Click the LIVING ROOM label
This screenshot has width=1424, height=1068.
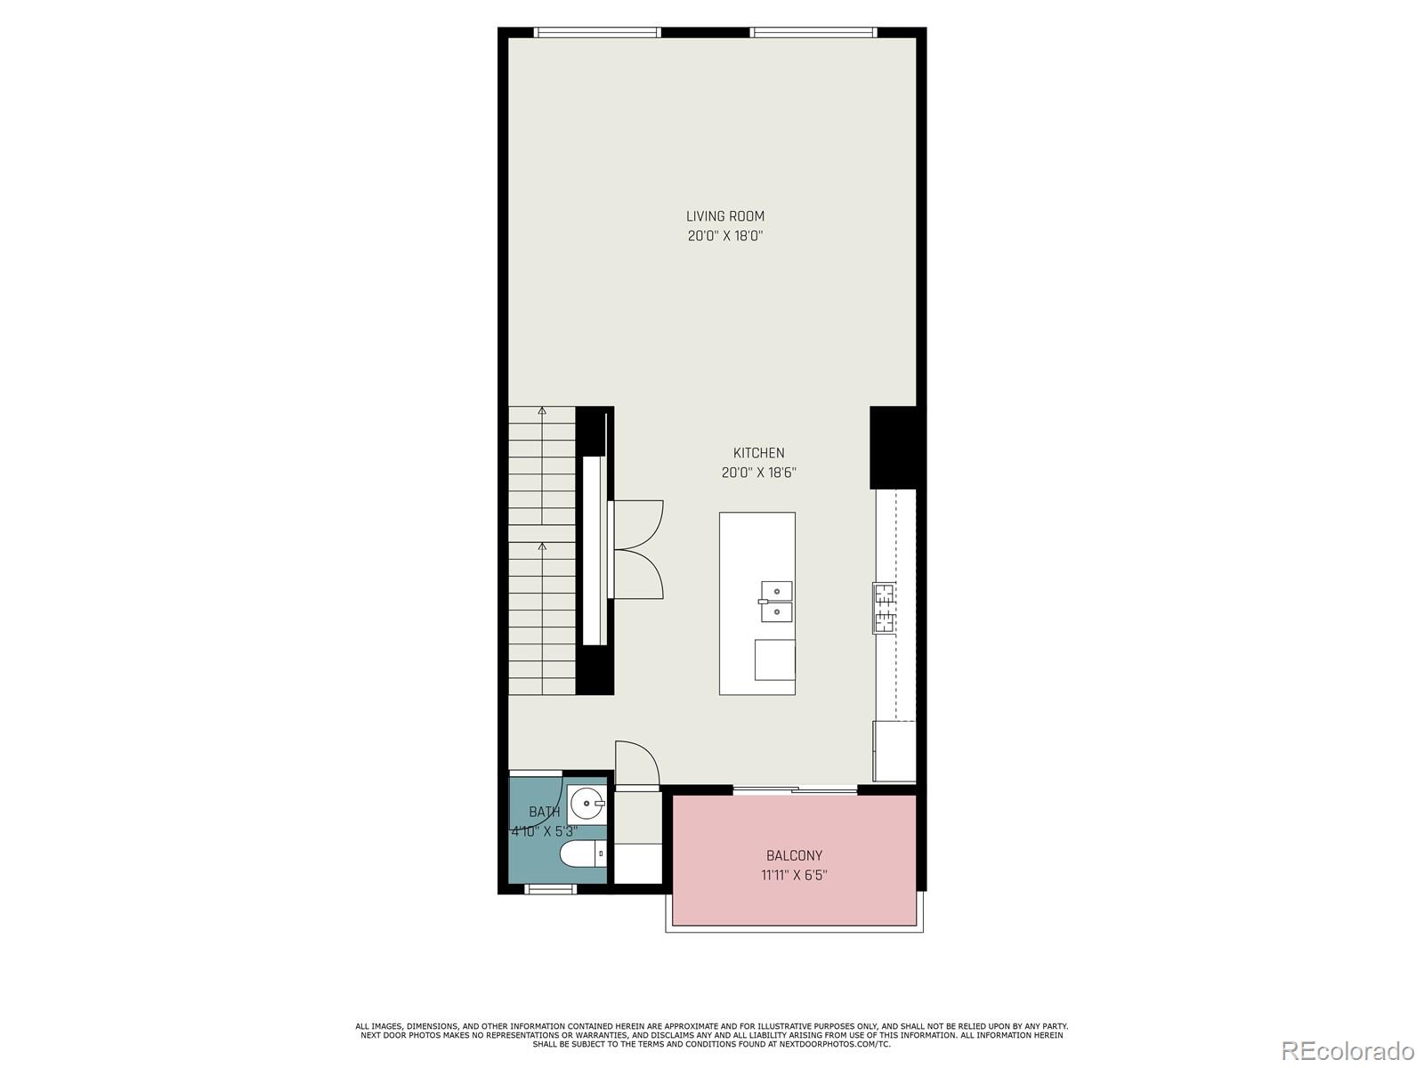(724, 216)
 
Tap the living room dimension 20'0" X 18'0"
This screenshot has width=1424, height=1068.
(724, 237)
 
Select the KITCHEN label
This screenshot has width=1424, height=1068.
(758, 453)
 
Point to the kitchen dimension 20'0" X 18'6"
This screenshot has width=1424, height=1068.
(758, 473)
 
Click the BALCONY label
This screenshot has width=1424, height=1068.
(794, 855)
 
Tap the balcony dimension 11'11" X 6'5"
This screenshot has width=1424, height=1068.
(794, 875)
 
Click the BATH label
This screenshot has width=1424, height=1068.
(544, 812)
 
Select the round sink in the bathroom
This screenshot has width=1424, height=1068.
(587, 805)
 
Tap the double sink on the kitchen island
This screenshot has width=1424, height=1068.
(776, 602)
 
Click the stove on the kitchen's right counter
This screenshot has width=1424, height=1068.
(884, 608)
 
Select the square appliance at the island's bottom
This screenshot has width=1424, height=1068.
(774, 659)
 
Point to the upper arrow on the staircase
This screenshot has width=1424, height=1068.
(542, 411)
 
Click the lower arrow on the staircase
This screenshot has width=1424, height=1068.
(542, 546)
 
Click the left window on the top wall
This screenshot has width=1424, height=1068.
(597, 33)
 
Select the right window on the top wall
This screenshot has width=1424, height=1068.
(813, 33)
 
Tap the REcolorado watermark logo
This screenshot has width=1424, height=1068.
(1347, 1051)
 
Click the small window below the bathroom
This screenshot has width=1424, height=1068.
(551, 889)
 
